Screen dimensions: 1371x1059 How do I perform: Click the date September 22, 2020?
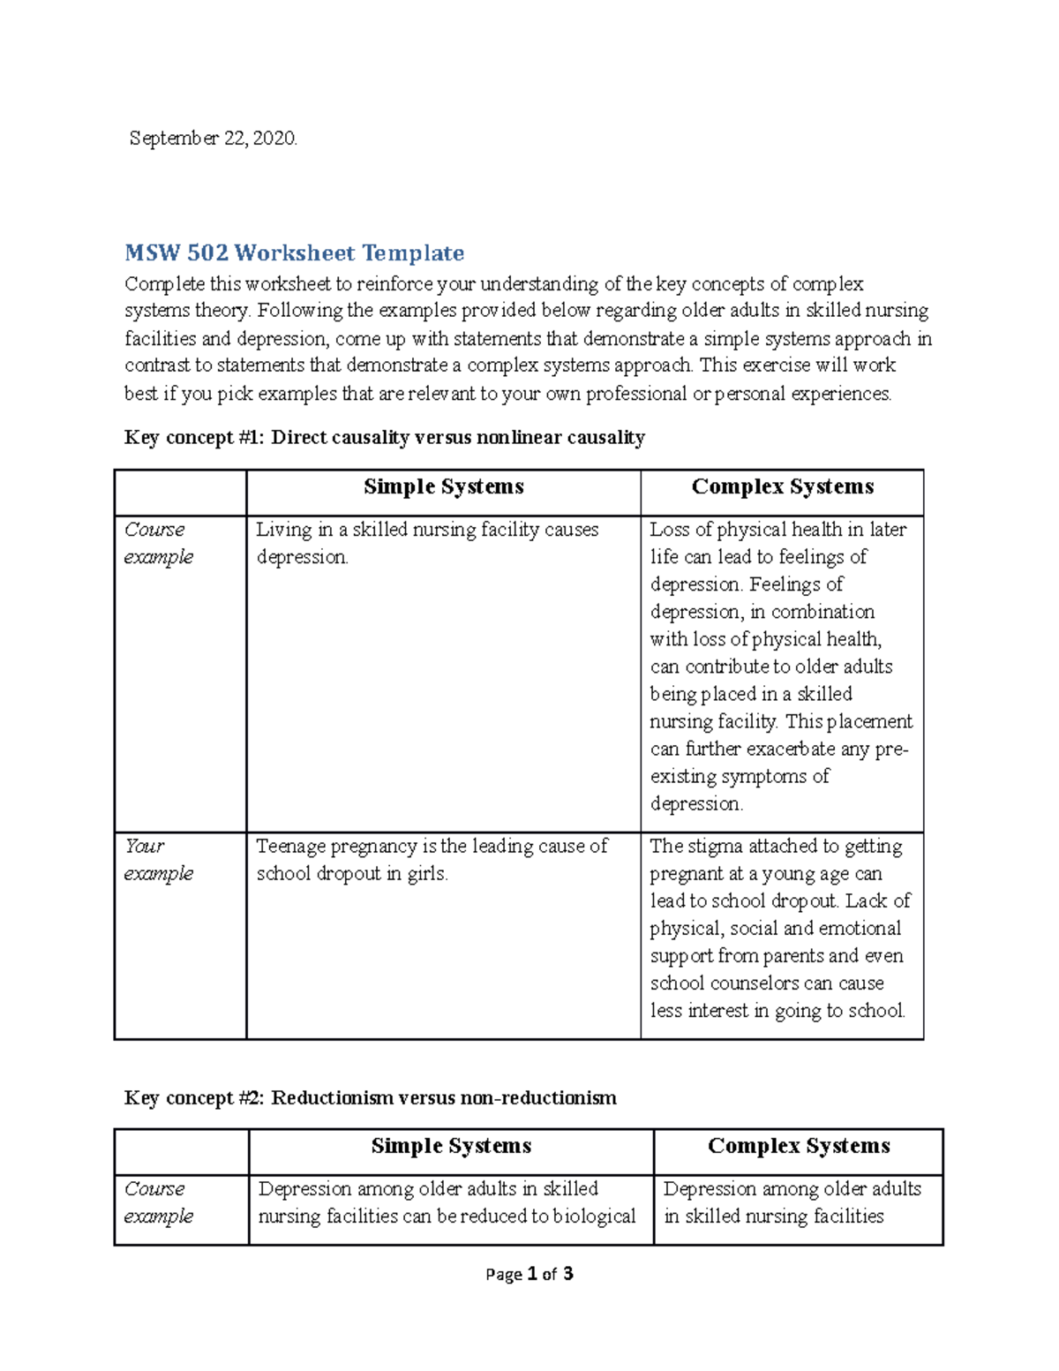coord(214,139)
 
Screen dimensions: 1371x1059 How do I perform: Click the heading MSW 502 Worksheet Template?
coord(294,253)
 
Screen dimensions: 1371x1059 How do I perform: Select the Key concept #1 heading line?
coord(385,438)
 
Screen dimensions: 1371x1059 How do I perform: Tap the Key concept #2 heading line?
coord(370,1098)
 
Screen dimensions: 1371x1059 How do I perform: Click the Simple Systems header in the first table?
coord(443,487)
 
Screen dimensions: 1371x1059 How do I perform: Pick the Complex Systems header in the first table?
coord(782,487)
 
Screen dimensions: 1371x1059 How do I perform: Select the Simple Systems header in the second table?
coord(451,1147)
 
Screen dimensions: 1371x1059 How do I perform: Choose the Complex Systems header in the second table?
coord(798,1147)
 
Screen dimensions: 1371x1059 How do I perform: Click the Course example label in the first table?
coord(158,543)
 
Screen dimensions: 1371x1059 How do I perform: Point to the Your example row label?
coord(158,860)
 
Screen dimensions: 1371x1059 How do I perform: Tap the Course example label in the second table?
coord(158,1202)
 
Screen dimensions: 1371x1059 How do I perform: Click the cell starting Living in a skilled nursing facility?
coord(427,543)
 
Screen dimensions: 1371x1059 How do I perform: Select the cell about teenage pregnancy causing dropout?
coord(432,860)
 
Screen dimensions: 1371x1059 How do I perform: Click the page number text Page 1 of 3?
coord(529,1274)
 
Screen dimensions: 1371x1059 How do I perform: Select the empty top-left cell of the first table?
coord(180,493)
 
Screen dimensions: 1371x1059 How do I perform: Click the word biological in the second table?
coord(594,1217)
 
